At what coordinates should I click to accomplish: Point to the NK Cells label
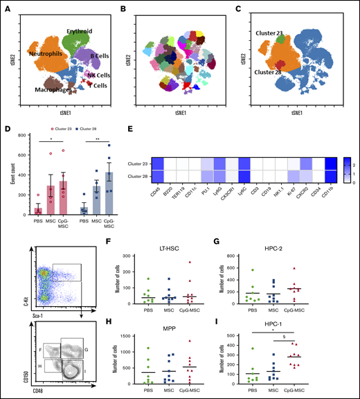[99, 74]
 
